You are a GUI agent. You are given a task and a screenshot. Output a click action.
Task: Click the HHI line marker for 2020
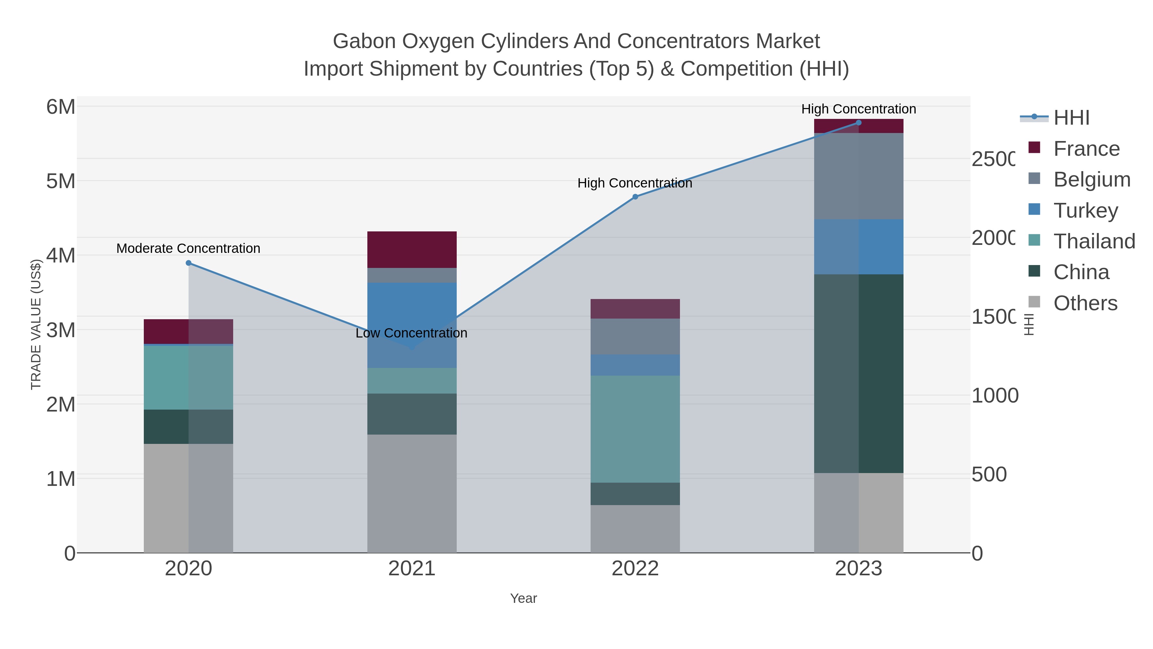[x=188, y=263]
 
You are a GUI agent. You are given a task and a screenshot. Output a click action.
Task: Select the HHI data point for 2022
[x=635, y=197]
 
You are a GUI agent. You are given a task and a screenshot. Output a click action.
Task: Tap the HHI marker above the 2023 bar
[x=858, y=123]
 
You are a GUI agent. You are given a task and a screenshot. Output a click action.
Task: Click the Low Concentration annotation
[x=411, y=333]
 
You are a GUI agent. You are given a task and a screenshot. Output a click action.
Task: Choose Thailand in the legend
[x=1094, y=241]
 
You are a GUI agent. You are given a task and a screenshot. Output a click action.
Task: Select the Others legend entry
[x=1085, y=303]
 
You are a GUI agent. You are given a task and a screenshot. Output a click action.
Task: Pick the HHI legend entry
[x=1071, y=118]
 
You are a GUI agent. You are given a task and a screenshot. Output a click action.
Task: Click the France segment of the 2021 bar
[x=412, y=249]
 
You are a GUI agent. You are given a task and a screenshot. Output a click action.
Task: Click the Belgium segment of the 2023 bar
[x=858, y=176]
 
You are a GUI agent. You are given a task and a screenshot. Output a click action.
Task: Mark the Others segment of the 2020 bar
[x=188, y=498]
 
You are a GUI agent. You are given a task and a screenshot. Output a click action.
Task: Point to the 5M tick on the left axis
[x=61, y=181]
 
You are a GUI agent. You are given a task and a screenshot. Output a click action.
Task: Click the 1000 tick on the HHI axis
[x=994, y=395]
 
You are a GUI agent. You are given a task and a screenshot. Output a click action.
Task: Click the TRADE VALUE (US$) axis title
[x=36, y=324]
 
